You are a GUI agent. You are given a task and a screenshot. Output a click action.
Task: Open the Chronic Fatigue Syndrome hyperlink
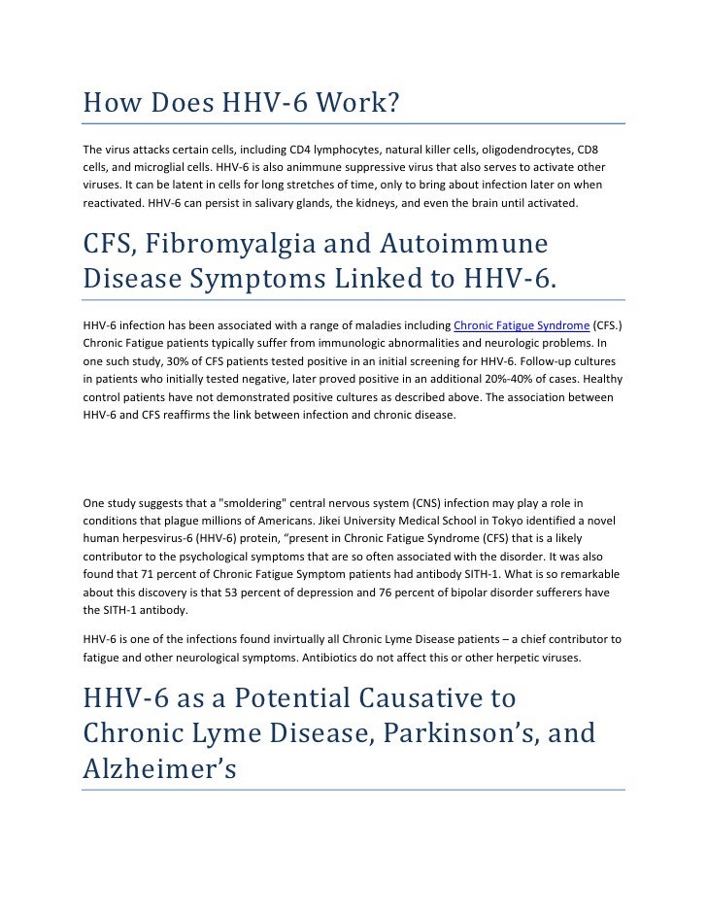(x=521, y=325)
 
